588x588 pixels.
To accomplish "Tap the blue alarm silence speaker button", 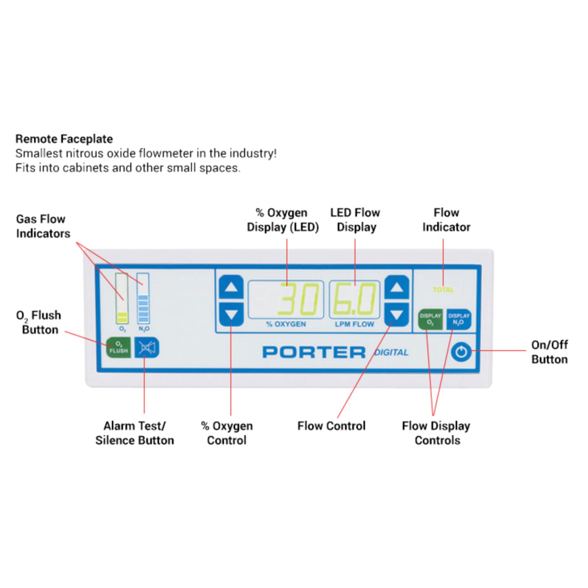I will coord(147,348).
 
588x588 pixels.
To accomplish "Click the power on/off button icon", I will coord(461,352).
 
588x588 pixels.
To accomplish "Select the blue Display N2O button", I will coord(458,319).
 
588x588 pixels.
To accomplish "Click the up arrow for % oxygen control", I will coord(231,288).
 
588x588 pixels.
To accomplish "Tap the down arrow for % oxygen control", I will coord(231,314).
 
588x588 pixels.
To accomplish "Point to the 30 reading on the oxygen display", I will coord(299,299).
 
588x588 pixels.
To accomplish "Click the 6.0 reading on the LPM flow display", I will coord(354,299).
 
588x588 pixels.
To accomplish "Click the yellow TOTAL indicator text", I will coord(443,289).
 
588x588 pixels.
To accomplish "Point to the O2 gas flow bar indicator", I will coord(122,298).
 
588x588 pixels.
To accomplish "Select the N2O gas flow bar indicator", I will coord(143,298).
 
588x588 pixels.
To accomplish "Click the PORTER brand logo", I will coord(314,352).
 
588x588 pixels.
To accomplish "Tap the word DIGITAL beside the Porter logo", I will coord(391,352).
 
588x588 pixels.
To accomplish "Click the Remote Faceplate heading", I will coord(64,139).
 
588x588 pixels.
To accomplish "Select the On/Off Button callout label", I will coord(549,352).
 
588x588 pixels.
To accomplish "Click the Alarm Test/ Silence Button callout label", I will coord(134,433).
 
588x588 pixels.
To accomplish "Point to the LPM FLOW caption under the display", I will coord(354,324).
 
